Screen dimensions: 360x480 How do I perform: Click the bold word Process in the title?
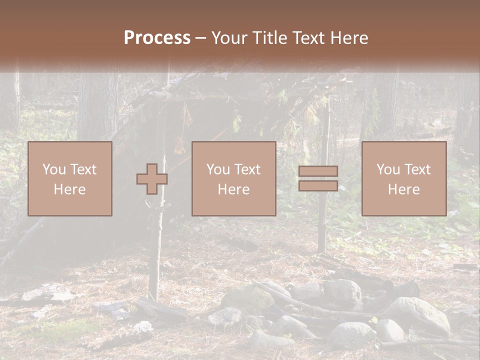pyautogui.click(x=157, y=38)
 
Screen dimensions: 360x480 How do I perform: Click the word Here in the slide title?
pyautogui.click(x=347, y=38)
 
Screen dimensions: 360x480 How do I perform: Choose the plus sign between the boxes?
pyautogui.click(x=152, y=179)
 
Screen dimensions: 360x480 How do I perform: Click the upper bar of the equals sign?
pyautogui.click(x=318, y=171)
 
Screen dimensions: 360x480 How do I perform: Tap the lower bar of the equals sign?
pyautogui.click(x=318, y=186)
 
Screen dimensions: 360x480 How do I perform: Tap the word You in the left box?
pyautogui.click(x=54, y=169)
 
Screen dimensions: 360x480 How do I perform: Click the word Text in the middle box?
pyautogui.click(x=247, y=169)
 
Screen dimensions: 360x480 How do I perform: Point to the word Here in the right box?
pyautogui.click(x=403, y=189)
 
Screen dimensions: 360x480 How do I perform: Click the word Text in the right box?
pyautogui.click(x=417, y=169)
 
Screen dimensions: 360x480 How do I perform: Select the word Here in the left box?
pyautogui.click(x=69, y=189)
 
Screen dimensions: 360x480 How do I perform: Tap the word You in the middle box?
pyautogui.click(x=218, y=169)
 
